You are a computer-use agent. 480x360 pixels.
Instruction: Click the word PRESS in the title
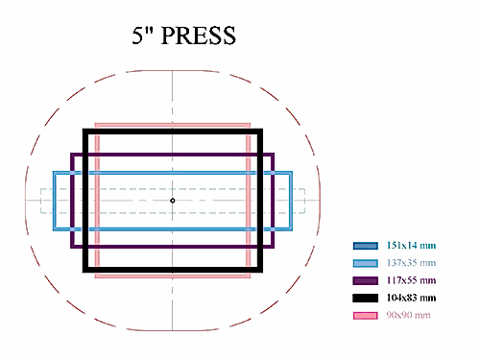pyautogui.click(x=199, y=36)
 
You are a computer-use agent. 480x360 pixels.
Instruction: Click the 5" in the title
pyautogui.click(x=143, y=36)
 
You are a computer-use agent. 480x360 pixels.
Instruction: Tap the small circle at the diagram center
pyautogui.click(x=173, y=201)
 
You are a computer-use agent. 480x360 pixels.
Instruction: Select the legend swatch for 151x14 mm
pyautogui.click(x=366, y=246)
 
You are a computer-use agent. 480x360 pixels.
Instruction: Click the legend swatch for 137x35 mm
pyautogui.click(x=366, y=263)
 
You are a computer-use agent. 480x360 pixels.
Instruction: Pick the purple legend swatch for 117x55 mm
pyautogui.click(x=366, y=280)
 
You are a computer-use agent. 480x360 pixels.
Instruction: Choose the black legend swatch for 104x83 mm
pyautogui.click(x=366, y=298)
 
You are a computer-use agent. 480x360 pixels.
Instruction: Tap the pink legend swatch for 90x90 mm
pyautogui.click(x=366, y=316)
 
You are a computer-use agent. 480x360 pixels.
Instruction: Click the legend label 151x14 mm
pyautogui.click(x=411, y=246)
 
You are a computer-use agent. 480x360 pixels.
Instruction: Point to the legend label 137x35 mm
pyautogui.click(x=411, y=263)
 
